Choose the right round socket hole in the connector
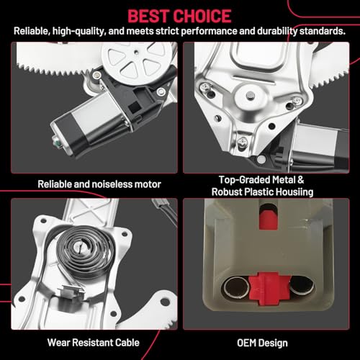pos(298,290)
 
